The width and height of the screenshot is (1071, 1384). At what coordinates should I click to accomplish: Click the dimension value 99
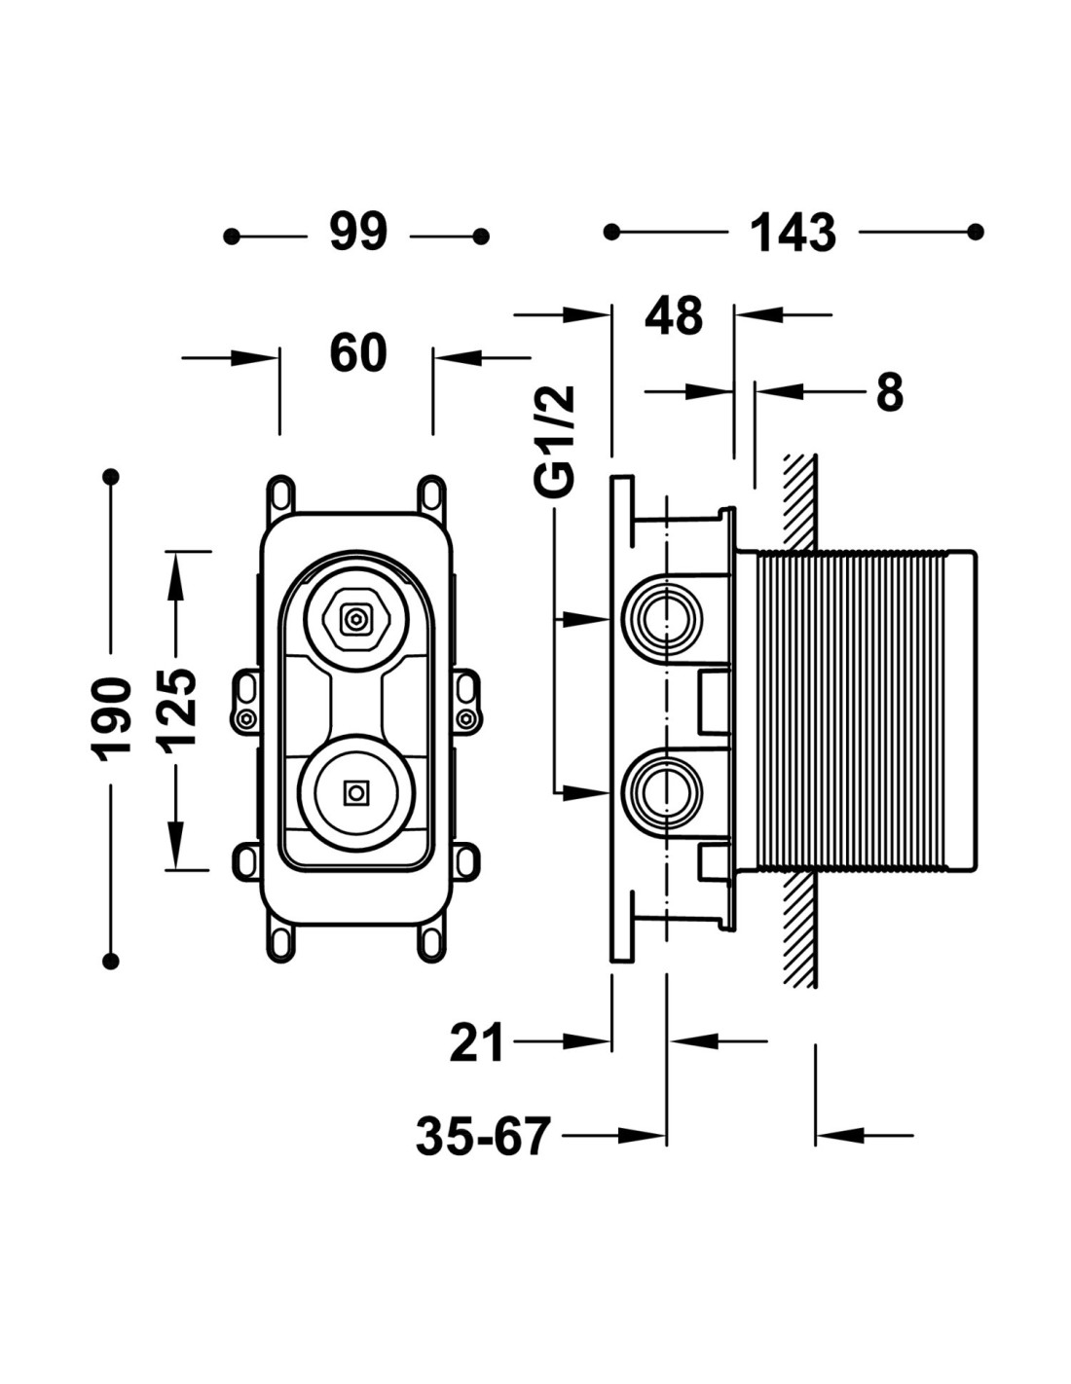[358, 233]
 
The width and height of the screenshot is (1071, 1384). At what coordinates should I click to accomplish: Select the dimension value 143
[793, 234]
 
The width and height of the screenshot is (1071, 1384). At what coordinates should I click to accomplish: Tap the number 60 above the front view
[358, 353]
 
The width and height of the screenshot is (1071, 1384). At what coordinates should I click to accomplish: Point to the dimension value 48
[674, 316]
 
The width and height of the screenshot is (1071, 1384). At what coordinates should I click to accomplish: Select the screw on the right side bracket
[467, 719]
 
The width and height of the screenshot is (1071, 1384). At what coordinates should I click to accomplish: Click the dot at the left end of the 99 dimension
[232, 236]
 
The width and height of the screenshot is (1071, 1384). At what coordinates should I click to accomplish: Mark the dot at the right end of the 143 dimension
[978, 232]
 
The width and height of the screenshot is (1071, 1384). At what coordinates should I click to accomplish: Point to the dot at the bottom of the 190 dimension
[112, 961]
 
